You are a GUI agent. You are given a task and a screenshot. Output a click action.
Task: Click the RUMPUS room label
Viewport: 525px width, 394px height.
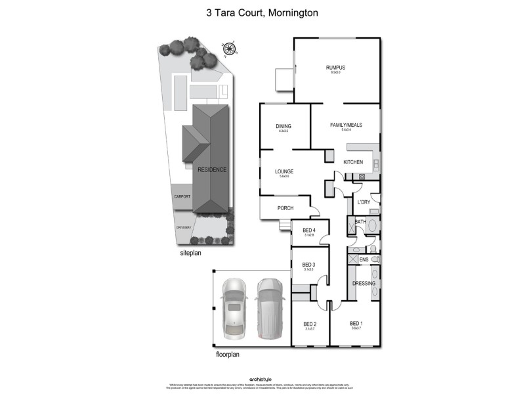tap(335, 68)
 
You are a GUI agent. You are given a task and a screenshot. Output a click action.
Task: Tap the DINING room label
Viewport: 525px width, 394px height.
tap(283, 126)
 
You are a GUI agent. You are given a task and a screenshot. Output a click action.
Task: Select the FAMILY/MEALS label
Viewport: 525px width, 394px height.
tap(346, 125)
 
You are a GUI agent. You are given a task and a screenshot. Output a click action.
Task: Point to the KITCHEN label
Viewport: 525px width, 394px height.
tap(353, 162)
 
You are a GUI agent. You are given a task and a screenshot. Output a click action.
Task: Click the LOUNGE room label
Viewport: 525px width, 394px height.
tap(284, 171)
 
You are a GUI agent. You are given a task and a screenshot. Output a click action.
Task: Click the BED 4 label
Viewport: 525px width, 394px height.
tap(308, 230)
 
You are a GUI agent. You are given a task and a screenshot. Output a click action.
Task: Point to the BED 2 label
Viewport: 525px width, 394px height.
tap(310, 324)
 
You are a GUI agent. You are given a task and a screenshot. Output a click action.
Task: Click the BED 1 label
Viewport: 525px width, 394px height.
tap(356, 323)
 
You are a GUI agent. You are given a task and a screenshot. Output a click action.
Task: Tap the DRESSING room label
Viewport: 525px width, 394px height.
tap(364, 284)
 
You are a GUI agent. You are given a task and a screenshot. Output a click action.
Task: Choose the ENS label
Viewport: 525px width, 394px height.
tap(364, 260)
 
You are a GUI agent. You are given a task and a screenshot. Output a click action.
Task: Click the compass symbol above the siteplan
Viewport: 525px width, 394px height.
tap(228, 48)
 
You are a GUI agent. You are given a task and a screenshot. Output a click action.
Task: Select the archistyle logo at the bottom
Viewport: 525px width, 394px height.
tap(262, 380)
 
